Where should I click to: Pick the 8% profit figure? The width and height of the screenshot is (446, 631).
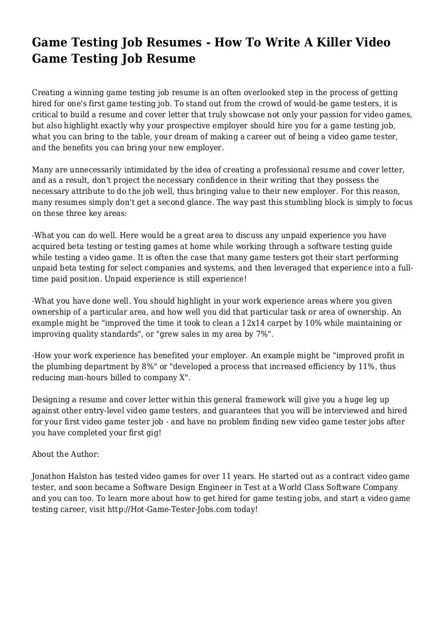point(157,366)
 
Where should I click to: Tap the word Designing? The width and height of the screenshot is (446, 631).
point(52,399)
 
